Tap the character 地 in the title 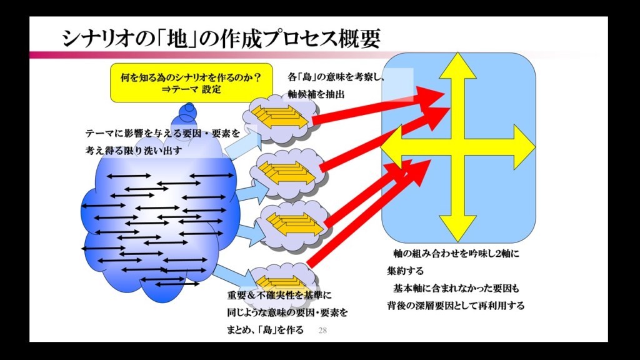(179, 39)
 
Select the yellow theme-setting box (191, 83)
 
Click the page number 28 (322, 330)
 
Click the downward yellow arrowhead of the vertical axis (457, 229)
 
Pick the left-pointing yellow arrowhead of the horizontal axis (391, 147)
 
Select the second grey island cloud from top (287, 174)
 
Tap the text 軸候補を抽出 (316, 94)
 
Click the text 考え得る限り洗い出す (134, 151)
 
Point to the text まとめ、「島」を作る (265, 330)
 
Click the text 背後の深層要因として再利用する (456, 306)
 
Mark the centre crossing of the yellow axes (457, 147)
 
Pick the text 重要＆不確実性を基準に (279, 295)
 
